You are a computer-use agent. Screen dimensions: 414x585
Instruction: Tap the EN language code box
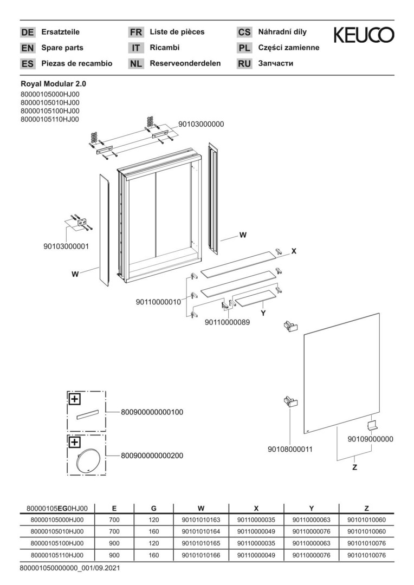(27, 48)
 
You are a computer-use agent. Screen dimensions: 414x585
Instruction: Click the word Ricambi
(165, 47)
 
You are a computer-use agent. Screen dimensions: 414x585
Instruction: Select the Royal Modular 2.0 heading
(54, 84)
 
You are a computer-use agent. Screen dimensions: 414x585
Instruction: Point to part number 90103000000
(201, 124)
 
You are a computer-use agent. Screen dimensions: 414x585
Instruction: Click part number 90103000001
(67, 246)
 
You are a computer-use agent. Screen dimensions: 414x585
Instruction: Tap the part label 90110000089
(228, 322)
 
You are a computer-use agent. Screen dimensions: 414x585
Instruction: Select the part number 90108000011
(290, 449)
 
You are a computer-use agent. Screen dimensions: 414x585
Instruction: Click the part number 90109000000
(370, 439)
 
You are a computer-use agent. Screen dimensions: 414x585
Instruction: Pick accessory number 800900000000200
(152, 456)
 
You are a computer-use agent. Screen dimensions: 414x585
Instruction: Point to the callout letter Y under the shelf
(263, 314)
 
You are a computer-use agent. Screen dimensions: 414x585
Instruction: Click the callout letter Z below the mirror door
(354, 467)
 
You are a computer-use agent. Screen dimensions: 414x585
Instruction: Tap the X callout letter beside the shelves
(294, 251)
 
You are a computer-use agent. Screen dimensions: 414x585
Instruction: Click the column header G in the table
(154, 508)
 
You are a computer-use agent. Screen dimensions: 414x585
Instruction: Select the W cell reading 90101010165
(201, 543)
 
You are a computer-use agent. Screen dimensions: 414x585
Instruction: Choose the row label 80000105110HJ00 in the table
(57, 555)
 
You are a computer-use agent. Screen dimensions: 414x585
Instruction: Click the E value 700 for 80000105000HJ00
(114, 519)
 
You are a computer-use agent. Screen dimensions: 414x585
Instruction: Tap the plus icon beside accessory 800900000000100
(75, 399)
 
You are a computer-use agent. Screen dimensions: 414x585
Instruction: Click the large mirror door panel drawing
(341, 373)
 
